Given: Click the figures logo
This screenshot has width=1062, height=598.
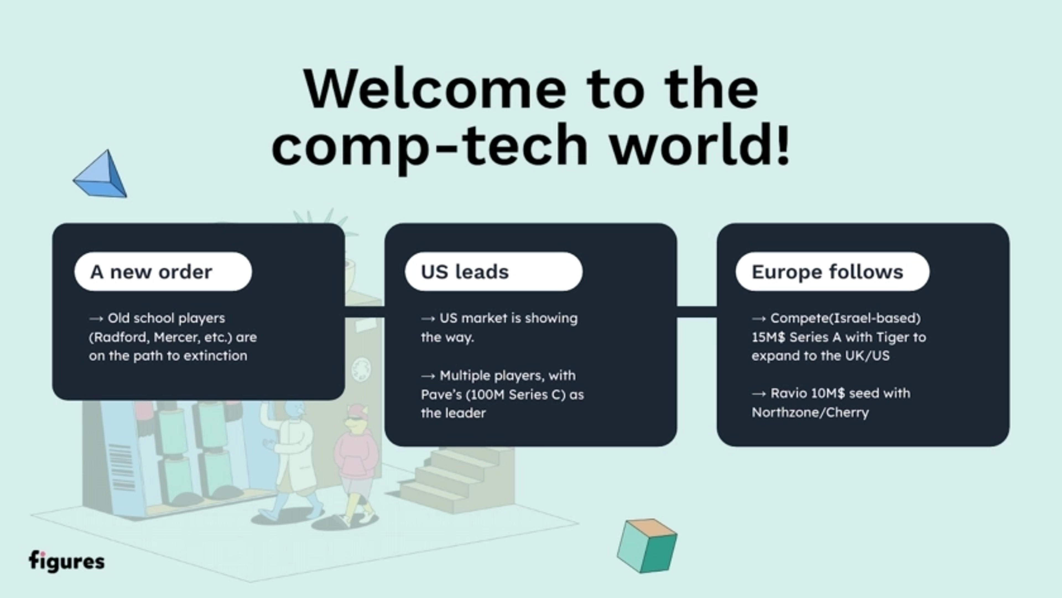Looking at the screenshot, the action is [x=66, y=561].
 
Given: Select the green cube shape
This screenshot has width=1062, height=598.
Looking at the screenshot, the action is [x=647, y=546].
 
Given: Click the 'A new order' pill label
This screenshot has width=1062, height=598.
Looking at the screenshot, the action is [x=163, y=272].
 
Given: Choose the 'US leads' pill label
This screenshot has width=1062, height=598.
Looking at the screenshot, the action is [x=493, y=272].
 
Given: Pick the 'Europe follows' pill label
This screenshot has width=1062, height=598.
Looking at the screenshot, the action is [x=832, y=272].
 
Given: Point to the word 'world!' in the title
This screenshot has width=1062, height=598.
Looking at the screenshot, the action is [x=700, y=144].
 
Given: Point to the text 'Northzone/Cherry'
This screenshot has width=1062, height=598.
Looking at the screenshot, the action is [x=810, y=412].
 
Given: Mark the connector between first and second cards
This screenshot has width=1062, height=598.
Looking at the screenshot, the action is [x=365, y=312].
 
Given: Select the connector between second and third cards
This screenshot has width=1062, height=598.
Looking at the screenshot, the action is [x=697, y=312].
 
